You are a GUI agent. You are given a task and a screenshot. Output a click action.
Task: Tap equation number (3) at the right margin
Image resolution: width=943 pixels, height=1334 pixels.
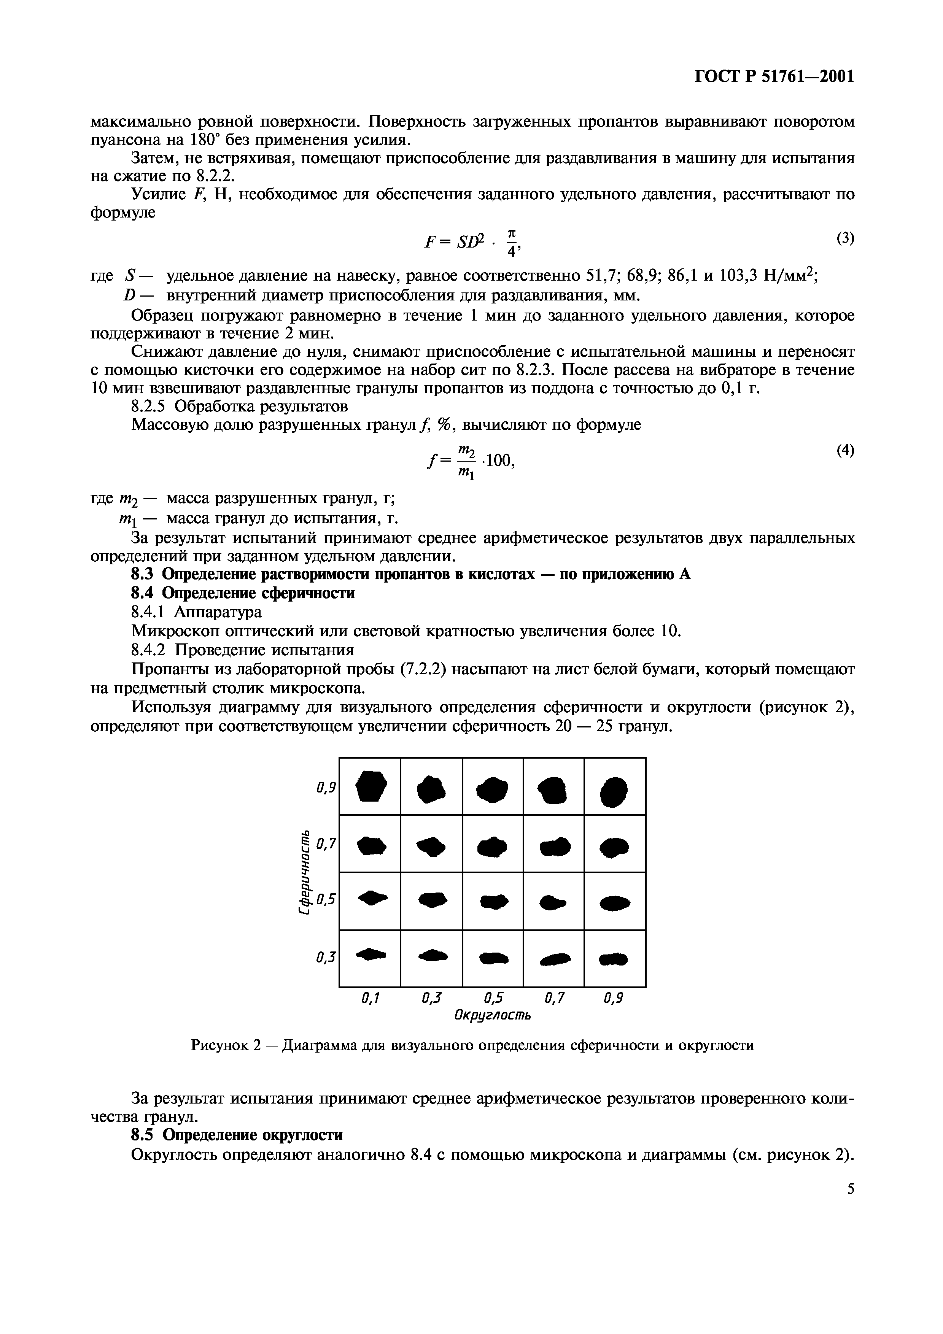click(845, 238)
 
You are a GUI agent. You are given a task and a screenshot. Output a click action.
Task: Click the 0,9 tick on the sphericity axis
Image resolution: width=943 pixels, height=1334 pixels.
click(326, 788)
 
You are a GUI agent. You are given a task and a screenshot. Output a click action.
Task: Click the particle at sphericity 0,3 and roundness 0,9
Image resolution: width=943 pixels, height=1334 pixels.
click(614, 960)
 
